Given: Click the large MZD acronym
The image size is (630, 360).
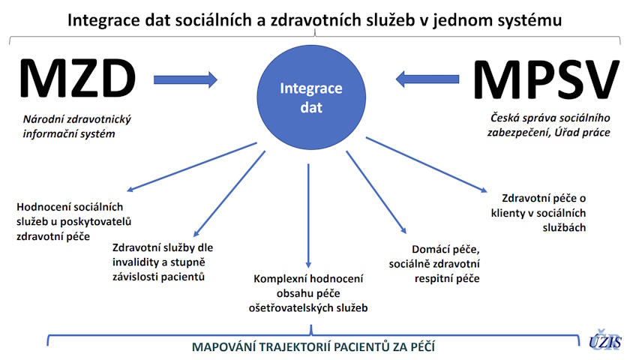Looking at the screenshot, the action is [x=77, y=78].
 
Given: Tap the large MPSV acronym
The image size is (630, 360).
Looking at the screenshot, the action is [x=547, y=79].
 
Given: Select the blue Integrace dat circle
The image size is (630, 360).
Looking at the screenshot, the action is [x=311, y=97].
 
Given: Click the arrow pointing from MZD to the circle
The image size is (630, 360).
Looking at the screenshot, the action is [x=185, y=79].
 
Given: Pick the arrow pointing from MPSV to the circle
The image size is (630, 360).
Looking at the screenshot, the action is [x=427, y=79].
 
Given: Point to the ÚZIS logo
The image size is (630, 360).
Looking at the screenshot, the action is [x=605, y=340].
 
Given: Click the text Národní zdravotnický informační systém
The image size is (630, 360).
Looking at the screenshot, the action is [x=76, y=126].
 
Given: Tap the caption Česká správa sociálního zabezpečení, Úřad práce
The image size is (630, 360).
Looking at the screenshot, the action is [x=549, y=125].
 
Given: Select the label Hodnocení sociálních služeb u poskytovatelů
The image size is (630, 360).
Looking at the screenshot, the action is [x=74, y=221].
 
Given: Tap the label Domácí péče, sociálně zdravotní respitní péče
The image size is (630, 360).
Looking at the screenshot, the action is [x=434, y=264].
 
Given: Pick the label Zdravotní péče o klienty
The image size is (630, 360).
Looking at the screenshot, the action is [x=538, y=213].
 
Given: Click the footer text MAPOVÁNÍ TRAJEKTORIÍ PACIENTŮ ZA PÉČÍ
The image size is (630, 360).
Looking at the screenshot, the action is [x=313, y=346].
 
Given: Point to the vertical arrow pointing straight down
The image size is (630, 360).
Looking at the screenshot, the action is [x=308, y=216].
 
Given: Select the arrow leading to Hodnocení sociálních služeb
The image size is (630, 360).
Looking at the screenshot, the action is [x=192, y=166].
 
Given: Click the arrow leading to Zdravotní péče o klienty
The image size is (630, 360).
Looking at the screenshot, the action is [x=426, y=165].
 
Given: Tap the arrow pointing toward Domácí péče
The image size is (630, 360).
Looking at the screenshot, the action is [x=376, y=192].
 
